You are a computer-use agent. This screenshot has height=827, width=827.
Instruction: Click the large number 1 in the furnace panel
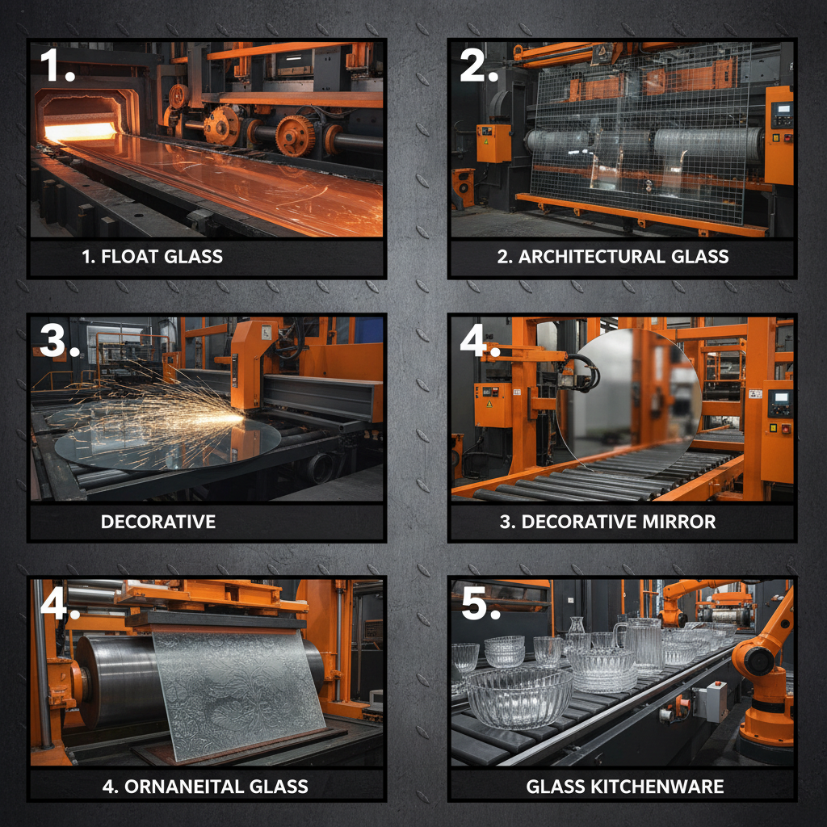point(52,65)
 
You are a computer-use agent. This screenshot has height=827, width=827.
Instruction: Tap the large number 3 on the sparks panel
point(53,340)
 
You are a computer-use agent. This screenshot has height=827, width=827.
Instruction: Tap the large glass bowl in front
point(519,698)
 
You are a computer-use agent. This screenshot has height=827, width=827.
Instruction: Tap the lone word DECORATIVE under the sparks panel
point(158,522)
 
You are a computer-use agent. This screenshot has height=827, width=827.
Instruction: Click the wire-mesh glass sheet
point(640,135)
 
